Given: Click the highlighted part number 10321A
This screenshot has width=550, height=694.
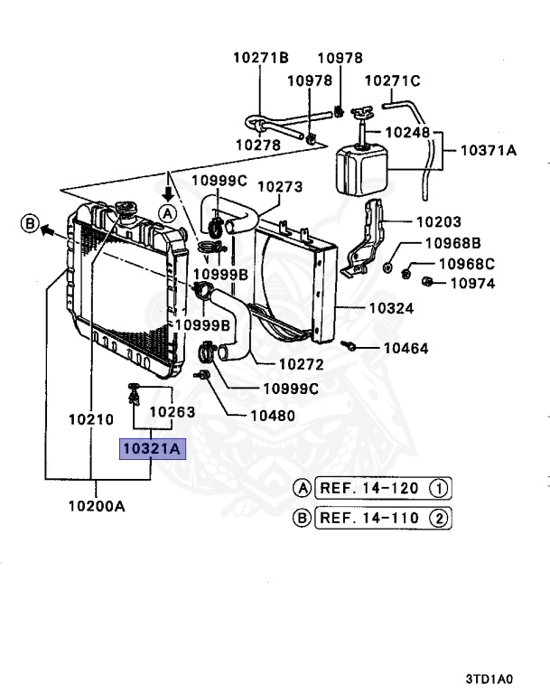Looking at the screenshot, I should pyautogui.click(x=153, y=447).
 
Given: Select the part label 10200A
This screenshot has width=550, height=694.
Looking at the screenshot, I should pyautogui.click(x=96, y=506).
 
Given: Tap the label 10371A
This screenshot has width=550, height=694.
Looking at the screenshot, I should pyautogui.click(x=489, y=151).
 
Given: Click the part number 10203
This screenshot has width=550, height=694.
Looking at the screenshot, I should pyautogui.click(x=438, y=221).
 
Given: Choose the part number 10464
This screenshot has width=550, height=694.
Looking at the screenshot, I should pyautogui.click(x=406, y=348).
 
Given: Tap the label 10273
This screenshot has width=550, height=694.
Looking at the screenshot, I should pyautogui.click(x=280, y=187).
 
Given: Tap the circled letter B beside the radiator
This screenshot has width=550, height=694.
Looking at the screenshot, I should pyautogui.click(x=30, y=223).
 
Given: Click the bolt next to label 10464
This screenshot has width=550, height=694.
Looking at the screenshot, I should pyautogui.click(x=350, y=345).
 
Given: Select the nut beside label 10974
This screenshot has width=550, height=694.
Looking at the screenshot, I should pyautogui.click(x=431, y=282).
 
